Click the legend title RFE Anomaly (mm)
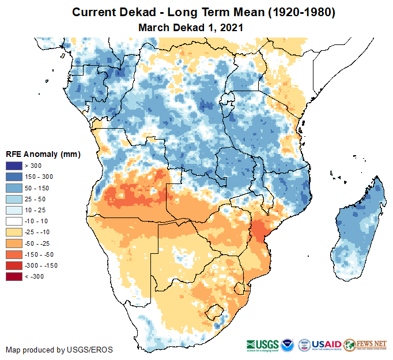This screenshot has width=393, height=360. [x=43, y=154]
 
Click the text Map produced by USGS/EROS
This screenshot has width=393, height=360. [x=59, y=350]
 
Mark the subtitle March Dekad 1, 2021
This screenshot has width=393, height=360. [x=191, y=27]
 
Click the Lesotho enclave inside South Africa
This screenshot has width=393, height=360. [x=214, y=312]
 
